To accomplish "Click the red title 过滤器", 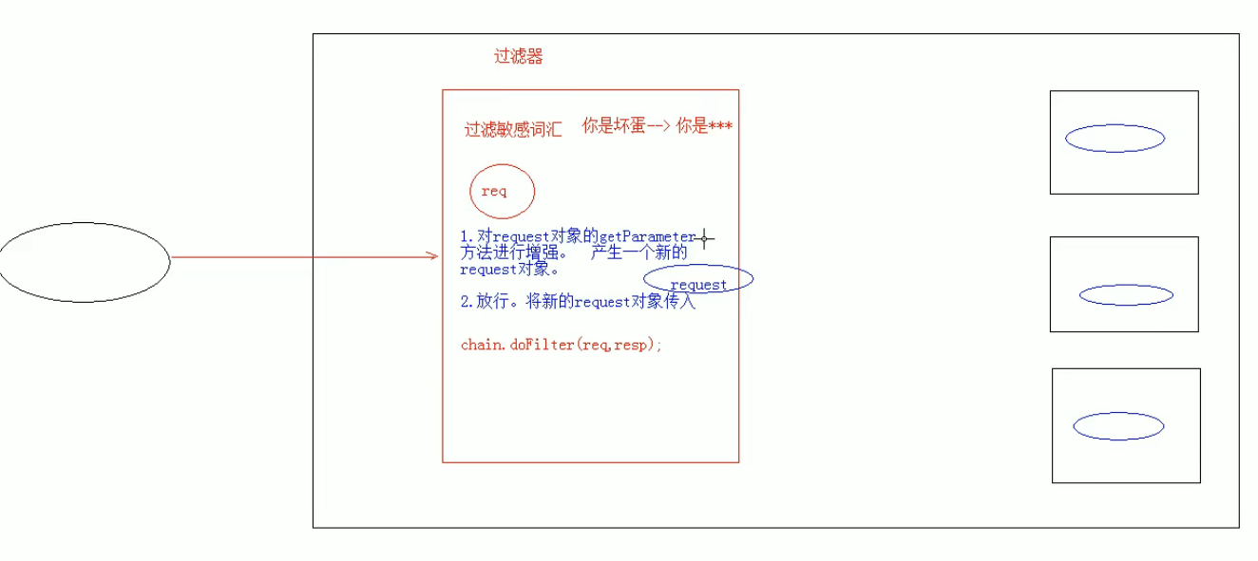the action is pos(518,57).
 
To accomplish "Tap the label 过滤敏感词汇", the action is pos(512,130).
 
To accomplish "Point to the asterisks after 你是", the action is pos(721,126).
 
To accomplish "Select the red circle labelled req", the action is pos(502,192).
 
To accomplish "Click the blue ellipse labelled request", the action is pos(698,280).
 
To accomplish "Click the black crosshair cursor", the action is pos(704,239).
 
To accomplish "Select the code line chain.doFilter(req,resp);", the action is pos(561,345).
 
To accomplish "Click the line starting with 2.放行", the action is pos(578,303).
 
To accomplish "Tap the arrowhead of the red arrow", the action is pos(433,255).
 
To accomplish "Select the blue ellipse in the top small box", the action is pos(1115,139).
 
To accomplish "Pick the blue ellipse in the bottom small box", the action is pos(1118,426).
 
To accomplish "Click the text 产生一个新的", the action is pos(639,253).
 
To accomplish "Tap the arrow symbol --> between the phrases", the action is pos(657,126).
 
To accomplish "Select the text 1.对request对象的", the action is pos(527,236).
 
